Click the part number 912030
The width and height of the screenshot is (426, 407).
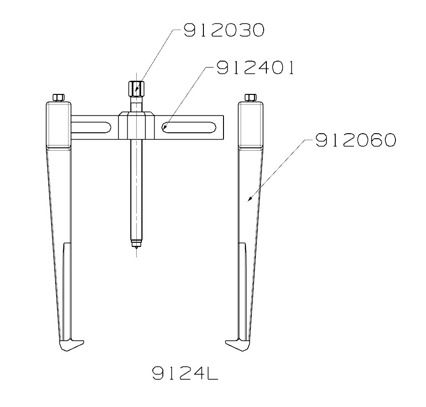(x=223, y=31)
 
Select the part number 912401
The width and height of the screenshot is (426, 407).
(x=255, y=68)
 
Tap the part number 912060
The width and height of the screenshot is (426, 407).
(x=354, y=140)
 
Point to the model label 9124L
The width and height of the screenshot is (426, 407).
(x=185, y=374)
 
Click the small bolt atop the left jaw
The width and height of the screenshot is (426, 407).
(x=58, y=97)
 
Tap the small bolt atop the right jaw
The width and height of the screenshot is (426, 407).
(x=250, y=97)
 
